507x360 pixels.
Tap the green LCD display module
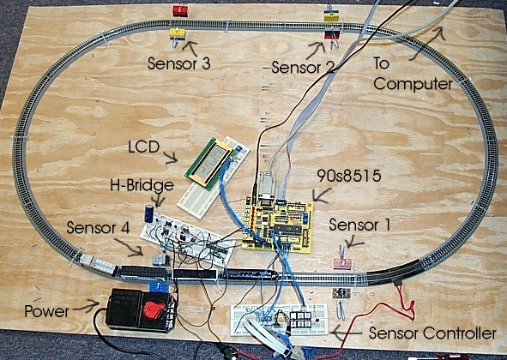click(x=208, y=164)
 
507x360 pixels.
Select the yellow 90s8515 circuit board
click(x=278, y=225)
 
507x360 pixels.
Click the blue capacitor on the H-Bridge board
click(x=149, y=213)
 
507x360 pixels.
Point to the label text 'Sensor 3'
click(x=179, y=63)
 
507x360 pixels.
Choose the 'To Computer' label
click(x=413, y=74)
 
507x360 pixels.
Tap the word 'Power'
click(x=47, y=311)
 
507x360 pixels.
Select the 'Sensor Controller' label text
click(x=432, y=333)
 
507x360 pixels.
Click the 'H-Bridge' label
click(x=142, y=185)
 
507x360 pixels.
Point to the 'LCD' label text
click(x=144, y=147)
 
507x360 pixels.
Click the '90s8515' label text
click(x=349, y=176)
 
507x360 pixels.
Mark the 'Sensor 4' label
click(x=98, y=228)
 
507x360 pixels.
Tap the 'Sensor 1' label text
click(x=359, y=225)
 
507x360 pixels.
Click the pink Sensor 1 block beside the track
click(x=342, y=263)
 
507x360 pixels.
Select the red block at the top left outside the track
click(x=180, y=10)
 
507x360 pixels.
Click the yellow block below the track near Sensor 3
click(x=178, y=34)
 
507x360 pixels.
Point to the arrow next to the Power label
click(x=87, y=306)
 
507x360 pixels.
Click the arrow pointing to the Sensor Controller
click(x=347, y=332)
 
